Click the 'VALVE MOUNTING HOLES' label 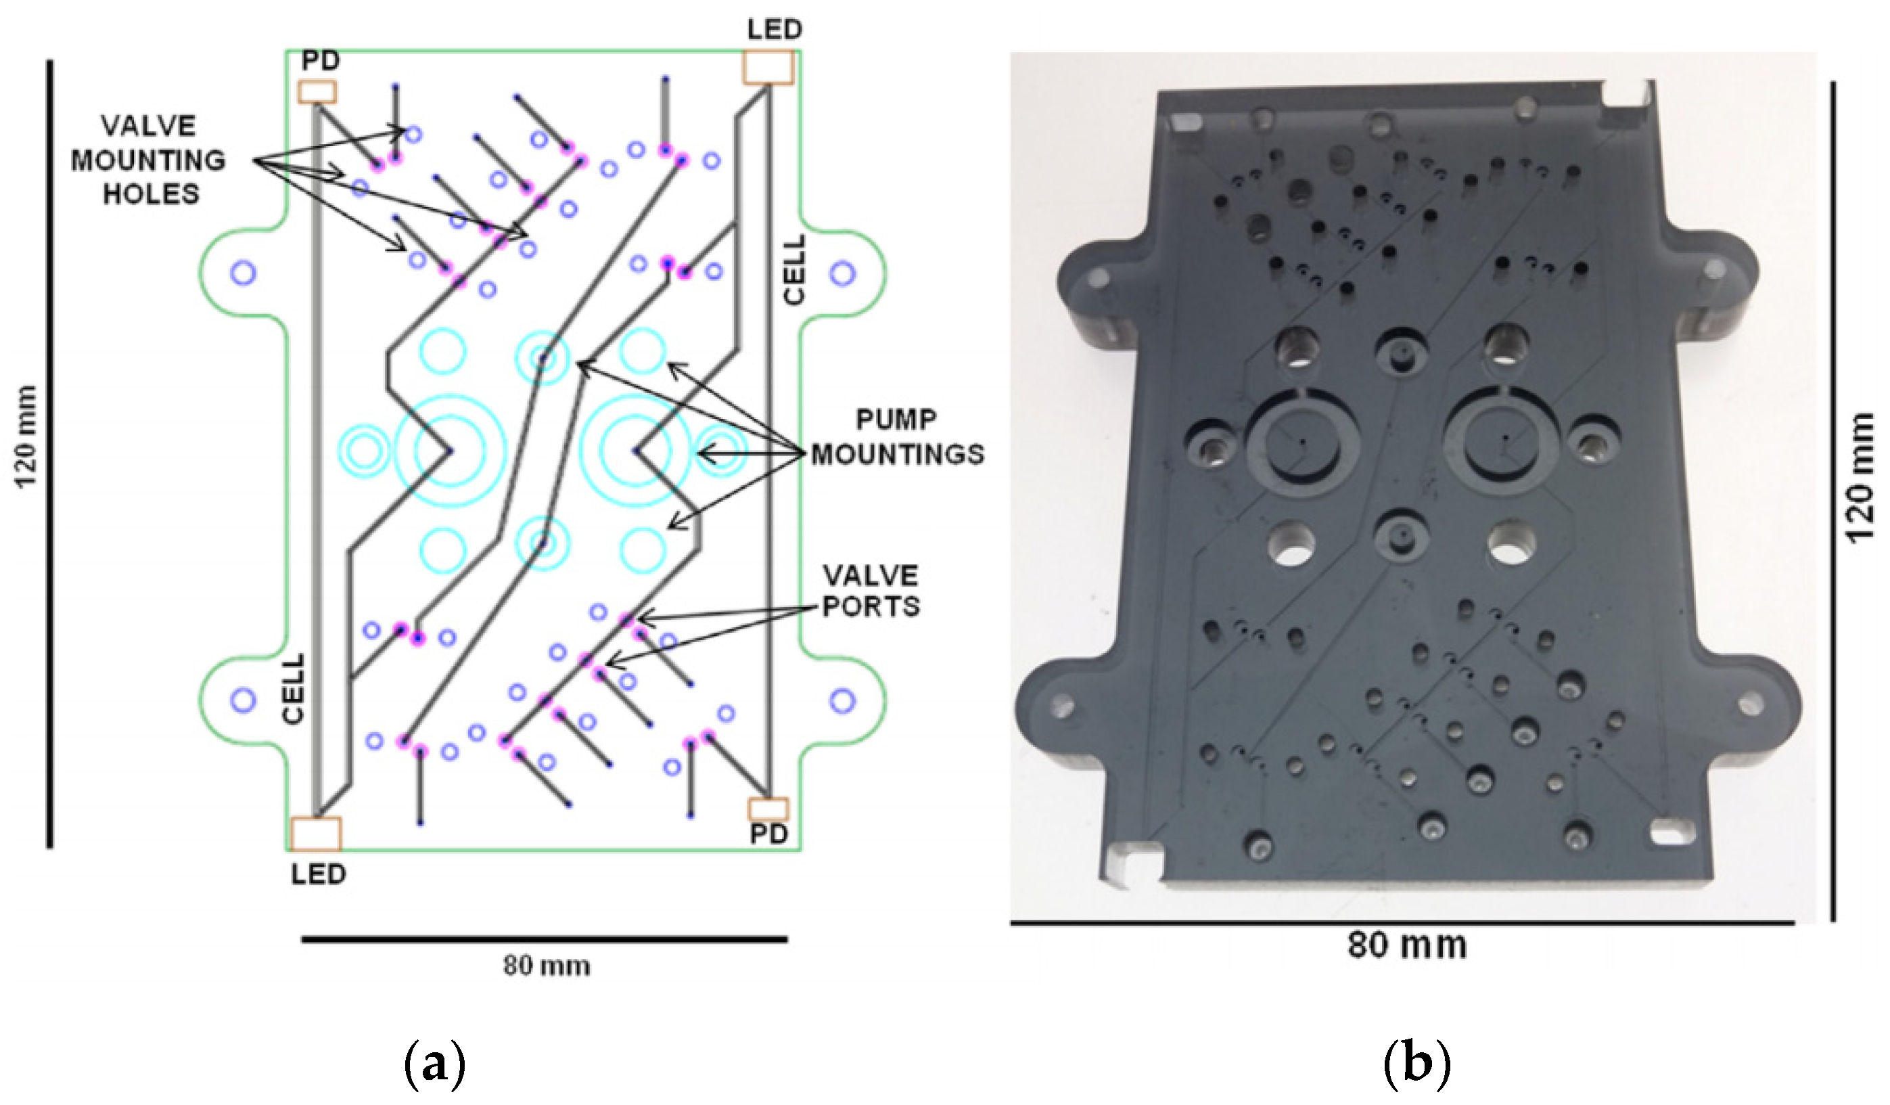pyautogui.click(x=149, y=160)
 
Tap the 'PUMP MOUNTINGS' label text pyautogui.click(x=897, y=437)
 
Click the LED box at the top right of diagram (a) pyautogui.click(x=767, y=68)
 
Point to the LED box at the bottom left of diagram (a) pyautogui.click(x=316, y=834)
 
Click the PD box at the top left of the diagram pyautogui.click(x=317, y=92)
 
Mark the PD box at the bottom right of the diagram pyautogui.click(x=768, y=809)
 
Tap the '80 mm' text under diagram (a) pyautogui.click(x=546, y=966)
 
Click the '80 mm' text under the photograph pyautogui.click(x=1406, y=945)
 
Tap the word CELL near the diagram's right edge pyautogui.click(x=793, y=270)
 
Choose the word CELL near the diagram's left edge pyautogui.click(x=294, y=688)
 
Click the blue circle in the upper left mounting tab pyautogui.click(x=243, y=272)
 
